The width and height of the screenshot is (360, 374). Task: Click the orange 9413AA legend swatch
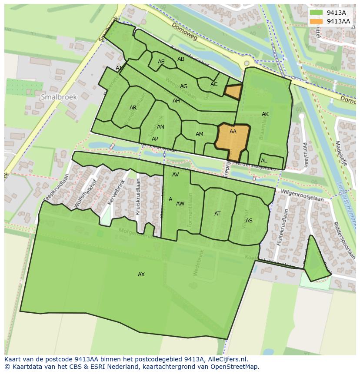317,21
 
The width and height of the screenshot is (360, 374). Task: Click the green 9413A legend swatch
317,13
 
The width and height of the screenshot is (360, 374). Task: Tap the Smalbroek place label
59,97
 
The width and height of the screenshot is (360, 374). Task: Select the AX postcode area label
141,275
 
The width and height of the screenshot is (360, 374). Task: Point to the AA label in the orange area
233,132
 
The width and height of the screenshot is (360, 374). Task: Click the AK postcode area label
265,114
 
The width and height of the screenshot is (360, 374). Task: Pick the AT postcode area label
217,214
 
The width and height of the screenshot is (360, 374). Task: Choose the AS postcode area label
249,221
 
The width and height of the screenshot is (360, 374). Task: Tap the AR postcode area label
133,108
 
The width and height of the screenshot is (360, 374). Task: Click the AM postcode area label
200,134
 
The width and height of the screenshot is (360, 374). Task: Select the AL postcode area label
264,161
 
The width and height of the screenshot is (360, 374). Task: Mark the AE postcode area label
161,62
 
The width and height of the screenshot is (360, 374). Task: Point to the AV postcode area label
176,175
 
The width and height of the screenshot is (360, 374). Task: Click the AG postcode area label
184,86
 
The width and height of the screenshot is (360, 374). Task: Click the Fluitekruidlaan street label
281,228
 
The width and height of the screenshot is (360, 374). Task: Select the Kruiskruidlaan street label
138,196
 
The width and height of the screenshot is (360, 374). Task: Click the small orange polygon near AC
233,92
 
